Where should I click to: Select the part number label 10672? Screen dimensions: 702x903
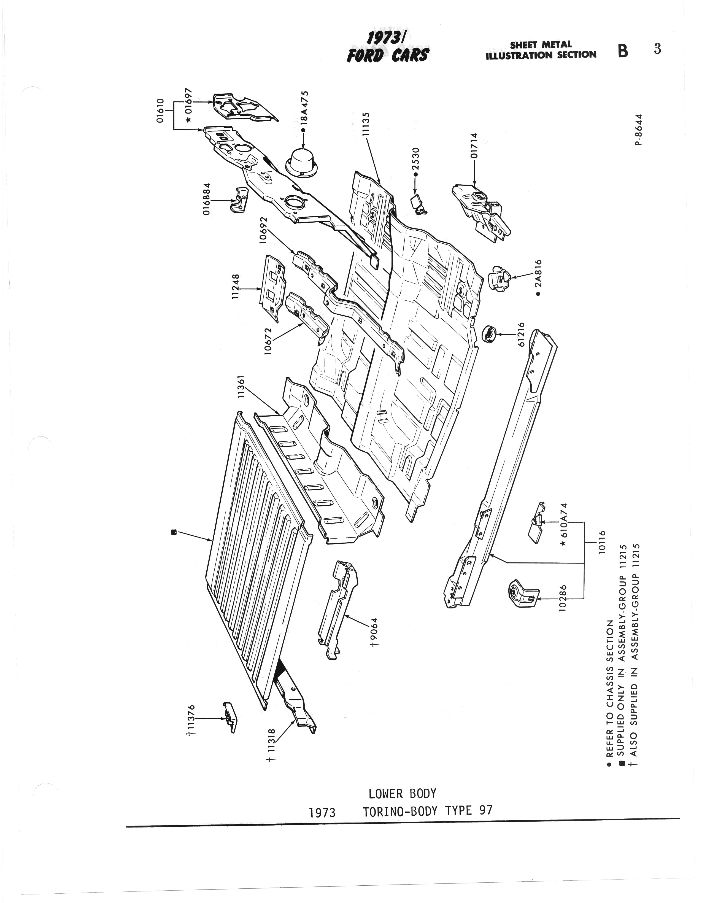pyautogui.click(x=268, y=341)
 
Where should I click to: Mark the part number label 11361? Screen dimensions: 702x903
pyautogui.click(x=242, y=387)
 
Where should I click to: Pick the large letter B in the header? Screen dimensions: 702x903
pyautogui.click(x=623, y=51)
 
